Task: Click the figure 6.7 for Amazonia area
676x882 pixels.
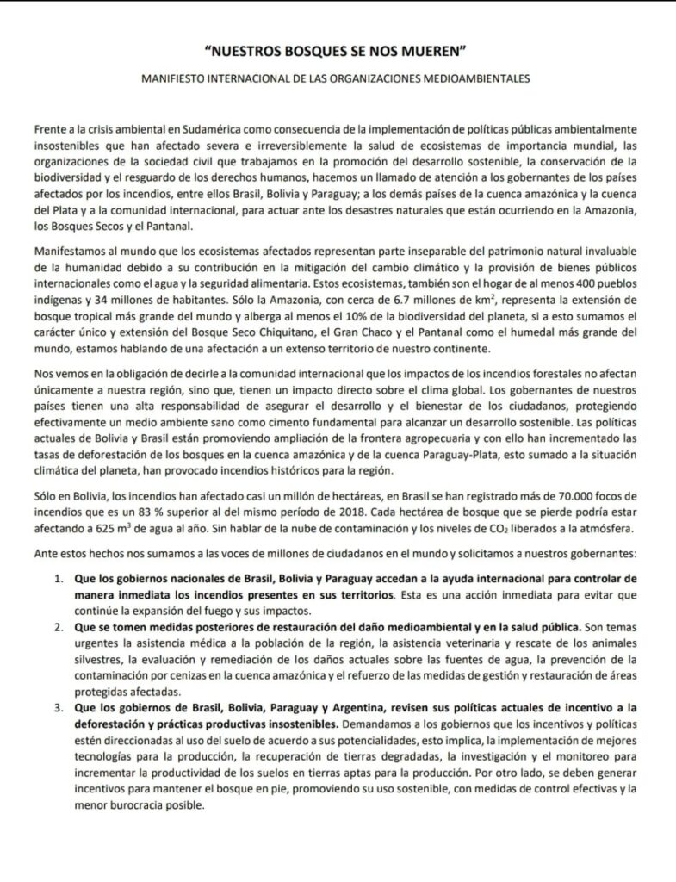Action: (x=385, y=298)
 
